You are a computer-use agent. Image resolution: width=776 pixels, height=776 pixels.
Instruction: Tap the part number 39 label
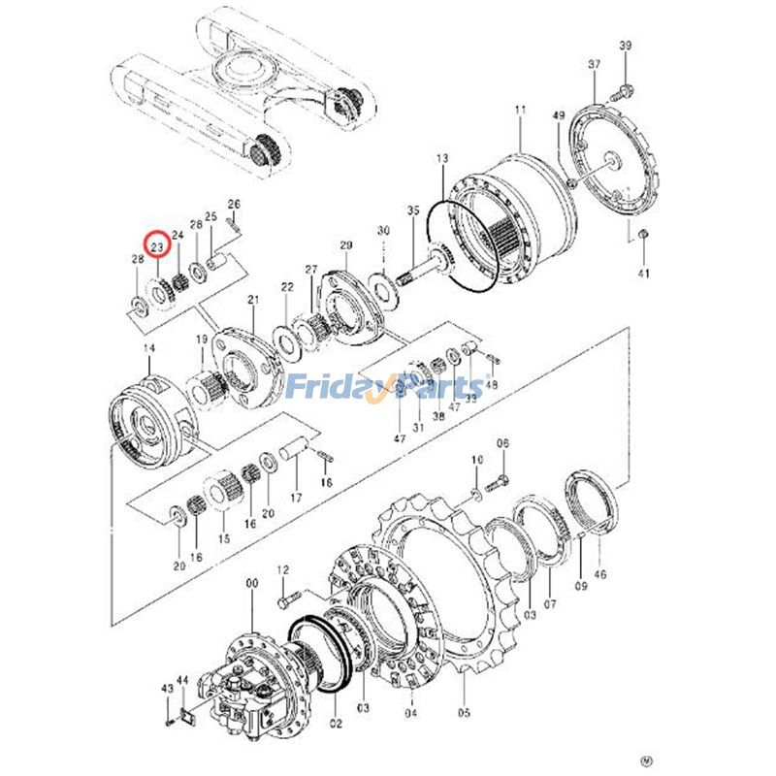point(625,47)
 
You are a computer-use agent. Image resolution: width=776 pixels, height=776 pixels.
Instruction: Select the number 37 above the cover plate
point(594,64)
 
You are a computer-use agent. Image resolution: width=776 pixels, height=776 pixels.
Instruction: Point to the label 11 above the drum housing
point(520,112)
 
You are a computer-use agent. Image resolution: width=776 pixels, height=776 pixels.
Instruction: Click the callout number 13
point(442,158)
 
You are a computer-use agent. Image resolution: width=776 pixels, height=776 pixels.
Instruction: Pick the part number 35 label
point(413,210)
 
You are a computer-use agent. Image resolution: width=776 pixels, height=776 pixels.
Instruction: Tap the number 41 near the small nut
point(643,275)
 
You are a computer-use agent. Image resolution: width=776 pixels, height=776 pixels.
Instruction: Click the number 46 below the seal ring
point(599,575)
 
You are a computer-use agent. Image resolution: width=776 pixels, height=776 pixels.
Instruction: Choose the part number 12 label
point(283,569)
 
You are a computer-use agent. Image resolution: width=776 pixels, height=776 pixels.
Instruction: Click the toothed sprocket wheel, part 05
point(441,582)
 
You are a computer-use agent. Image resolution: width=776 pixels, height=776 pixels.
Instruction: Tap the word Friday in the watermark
point(327,388)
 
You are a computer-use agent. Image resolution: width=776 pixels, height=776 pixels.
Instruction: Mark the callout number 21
point(253,300)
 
